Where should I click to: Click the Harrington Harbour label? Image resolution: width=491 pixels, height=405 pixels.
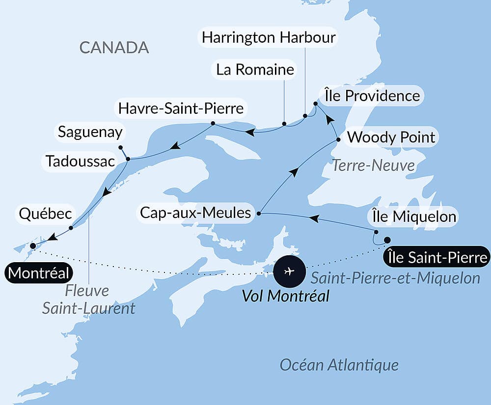[x=269, y=38]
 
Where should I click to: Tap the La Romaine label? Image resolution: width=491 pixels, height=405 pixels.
[x=255, y=70]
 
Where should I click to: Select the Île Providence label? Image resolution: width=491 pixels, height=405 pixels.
[x=372, y=95]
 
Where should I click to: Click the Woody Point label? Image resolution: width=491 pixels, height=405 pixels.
[x=391, y=137]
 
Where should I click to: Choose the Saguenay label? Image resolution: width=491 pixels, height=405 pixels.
[x=90, y=132]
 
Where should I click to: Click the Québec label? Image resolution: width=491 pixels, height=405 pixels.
[x=46, y=214]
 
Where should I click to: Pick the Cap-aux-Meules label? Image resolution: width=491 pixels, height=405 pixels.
[x=195, y=213]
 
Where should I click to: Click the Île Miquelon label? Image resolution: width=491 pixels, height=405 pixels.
[x=412, y=216]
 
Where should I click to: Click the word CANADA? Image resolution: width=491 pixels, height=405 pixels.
[x=114, y=47]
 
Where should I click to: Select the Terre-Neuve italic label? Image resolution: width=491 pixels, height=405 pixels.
[x=374, y=165]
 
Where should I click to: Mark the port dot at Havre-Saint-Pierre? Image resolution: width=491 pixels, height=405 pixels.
[x=213, y=123]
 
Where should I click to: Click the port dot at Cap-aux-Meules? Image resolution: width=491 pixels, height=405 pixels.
[x=259, y=213]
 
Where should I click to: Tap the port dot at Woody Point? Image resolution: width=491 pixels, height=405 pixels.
[x=338, y=140]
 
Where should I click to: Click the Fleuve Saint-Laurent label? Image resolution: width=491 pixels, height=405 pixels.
[x=88, y=299]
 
